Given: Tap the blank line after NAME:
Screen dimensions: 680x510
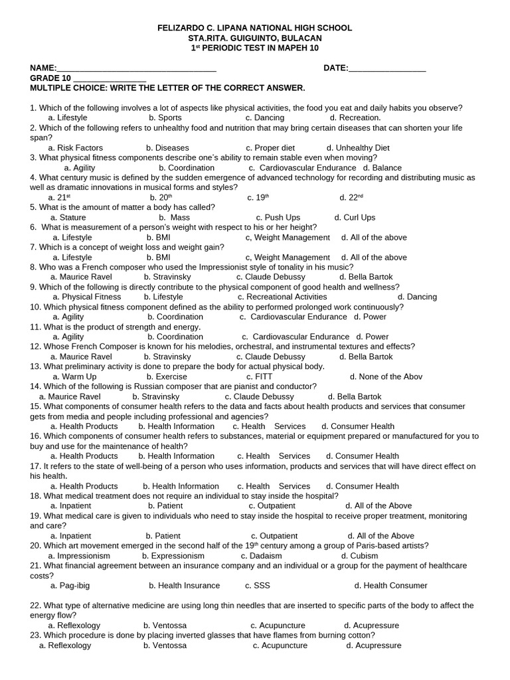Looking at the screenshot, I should pyautogui.click(x=136, y=68).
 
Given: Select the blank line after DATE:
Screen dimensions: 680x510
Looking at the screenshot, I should pyautogui.click(x=387, y=68).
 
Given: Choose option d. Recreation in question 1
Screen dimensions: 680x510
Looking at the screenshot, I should pyautogui.click(x=355, y=118).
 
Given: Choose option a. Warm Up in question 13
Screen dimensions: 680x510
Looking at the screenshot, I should pyautogui.click(x=74, y=377).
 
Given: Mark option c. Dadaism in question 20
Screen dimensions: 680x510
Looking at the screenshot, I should pyautogui.click(x=261, y=556).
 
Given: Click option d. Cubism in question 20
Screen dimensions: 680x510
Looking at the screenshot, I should pyautogui.click(x=359, y=556).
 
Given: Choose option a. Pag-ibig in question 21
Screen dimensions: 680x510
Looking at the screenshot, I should pyautogui.click(x=68, y=586).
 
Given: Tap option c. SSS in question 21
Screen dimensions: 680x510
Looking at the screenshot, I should pyautogui.click(x=258, y=586).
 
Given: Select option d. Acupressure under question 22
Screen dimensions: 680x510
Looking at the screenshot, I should pyautogui.click(x=371, y=626).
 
